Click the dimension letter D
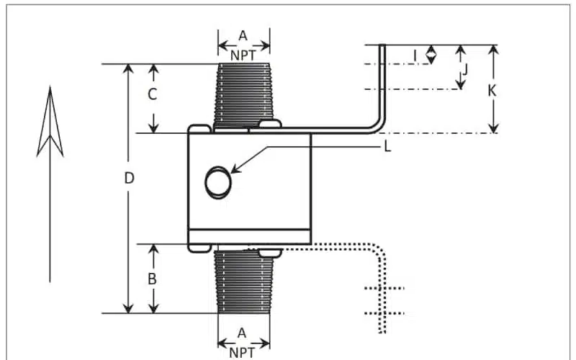[130, 178]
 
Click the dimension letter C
[153, 94]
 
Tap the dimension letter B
[153, 279]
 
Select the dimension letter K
[492, 91]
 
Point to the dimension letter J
[464, 70]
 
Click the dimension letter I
[415, 54]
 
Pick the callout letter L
[387, 147]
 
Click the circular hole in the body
[218, 181]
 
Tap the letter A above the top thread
[243, 35]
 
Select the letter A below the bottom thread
[243, 333]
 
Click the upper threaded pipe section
[244, 94]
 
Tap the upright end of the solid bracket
[382, 83]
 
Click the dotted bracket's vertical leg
[384, 295]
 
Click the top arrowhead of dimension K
[493, 49]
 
